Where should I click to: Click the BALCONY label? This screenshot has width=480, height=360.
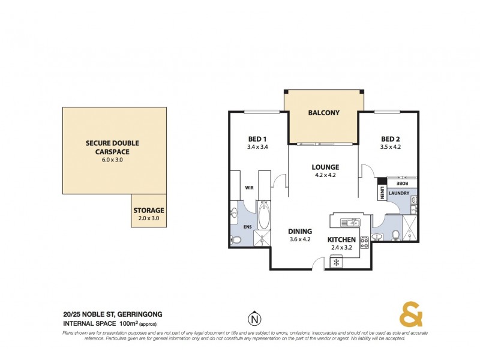pos(323,112)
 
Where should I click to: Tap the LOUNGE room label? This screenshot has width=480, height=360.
pos(325,167)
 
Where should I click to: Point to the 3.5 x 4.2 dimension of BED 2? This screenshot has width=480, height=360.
pos(390,146)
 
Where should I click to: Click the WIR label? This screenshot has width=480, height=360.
pos(248,187)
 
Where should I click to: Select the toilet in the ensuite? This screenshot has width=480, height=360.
pos(236,240)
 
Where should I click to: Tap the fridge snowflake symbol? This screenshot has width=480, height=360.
pos(337,262)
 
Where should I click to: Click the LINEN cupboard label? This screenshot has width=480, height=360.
pos(382,192)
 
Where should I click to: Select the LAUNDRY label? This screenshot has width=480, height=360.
pos(398,193)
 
